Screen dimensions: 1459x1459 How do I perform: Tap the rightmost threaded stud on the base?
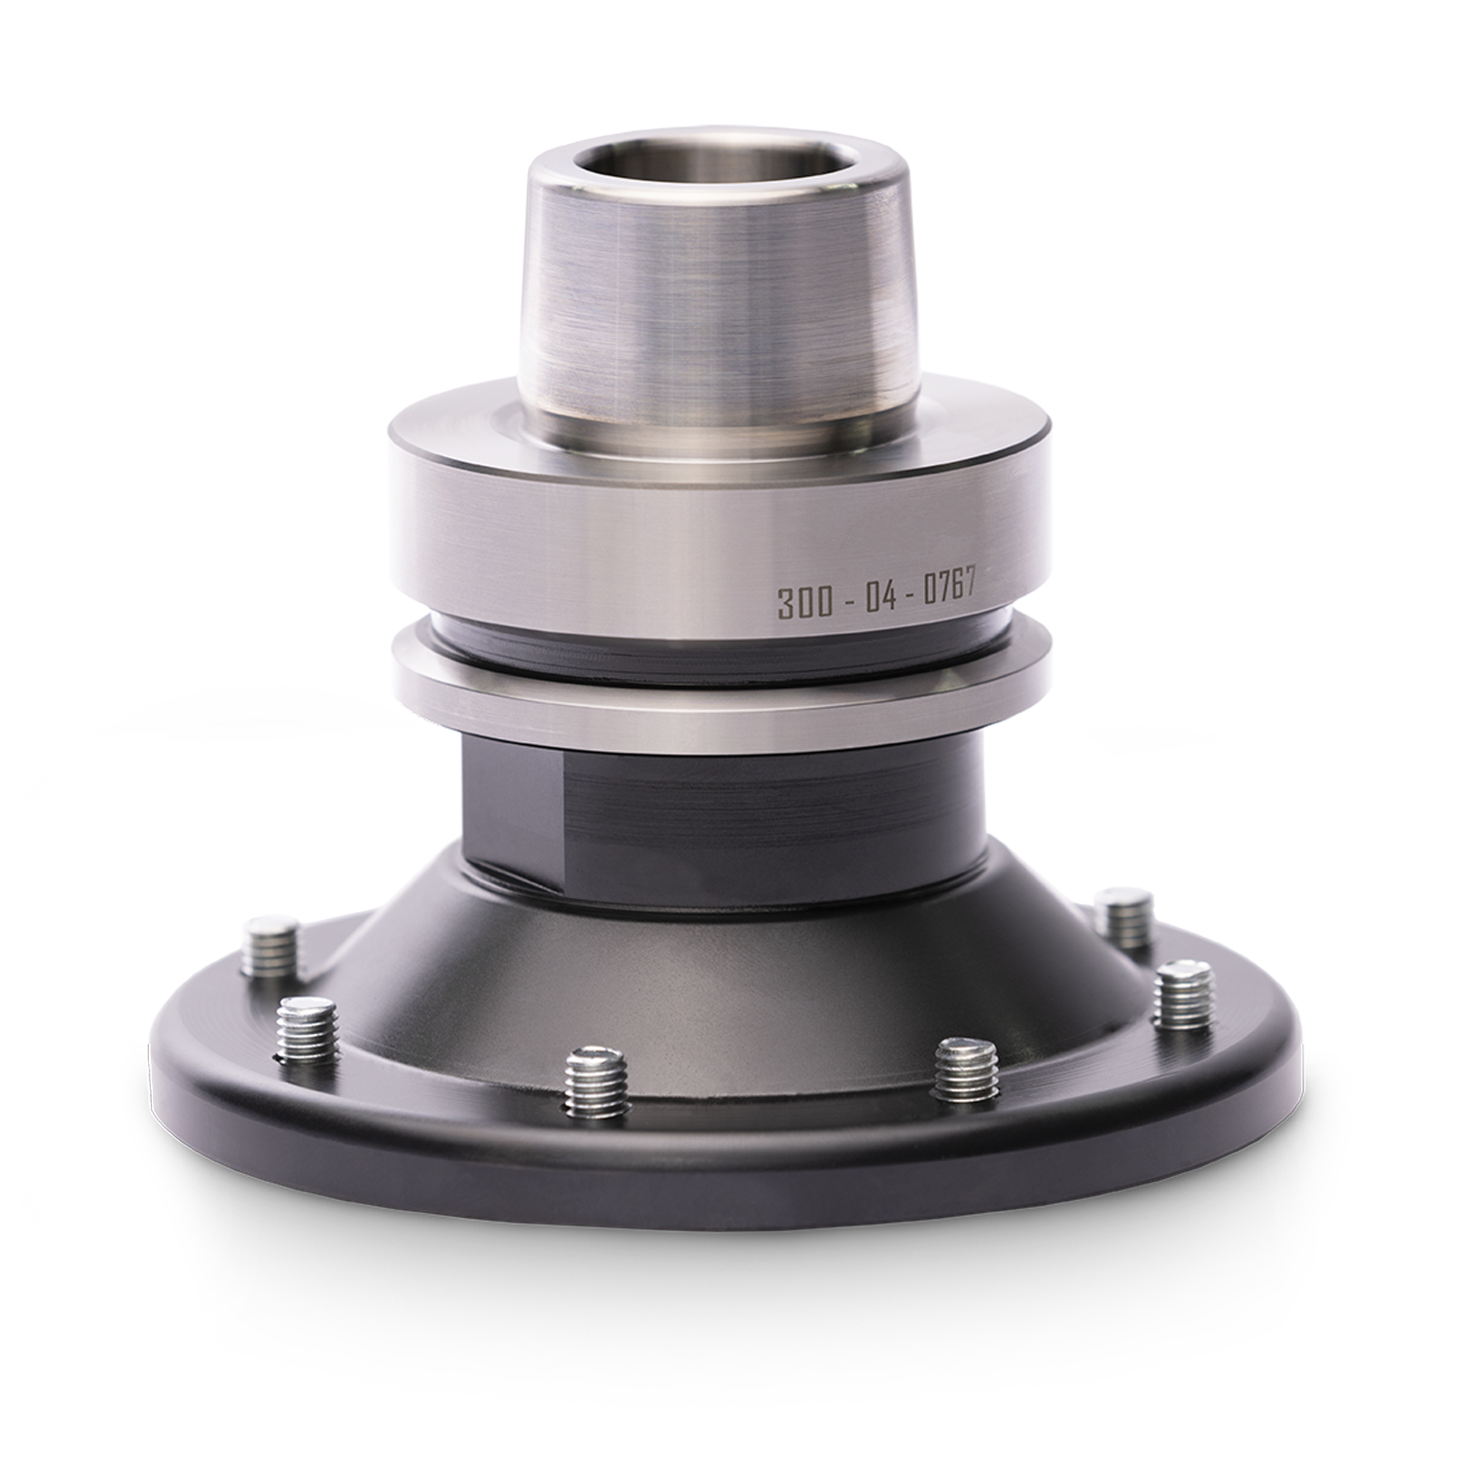point(1184,997)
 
